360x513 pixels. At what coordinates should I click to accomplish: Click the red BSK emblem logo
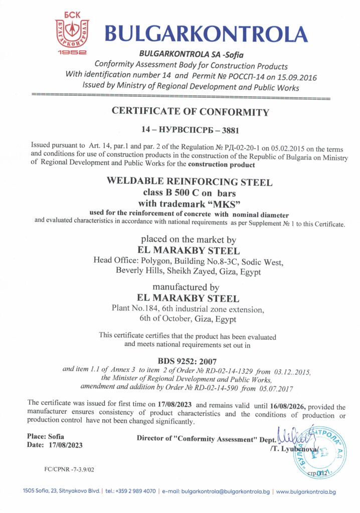(x=72, y=32)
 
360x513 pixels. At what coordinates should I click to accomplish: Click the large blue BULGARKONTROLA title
(x=206, y=34)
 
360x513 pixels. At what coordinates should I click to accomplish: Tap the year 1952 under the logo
(x=72, y=52)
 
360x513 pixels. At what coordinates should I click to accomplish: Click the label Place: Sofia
(x=45, y=436)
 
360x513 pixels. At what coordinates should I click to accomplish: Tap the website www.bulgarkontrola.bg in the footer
(x=306, y=492)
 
